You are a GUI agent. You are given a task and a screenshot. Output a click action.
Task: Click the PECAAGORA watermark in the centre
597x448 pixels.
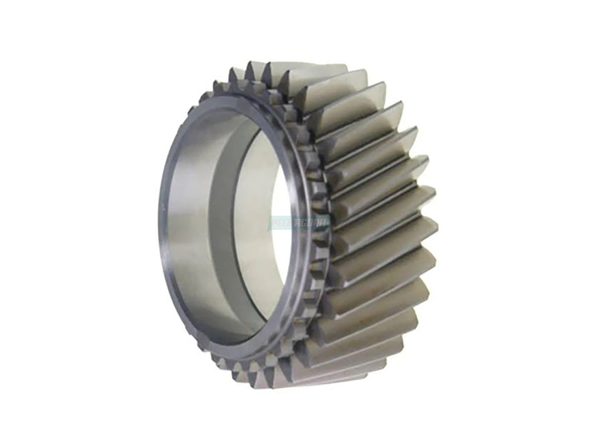point(298,223)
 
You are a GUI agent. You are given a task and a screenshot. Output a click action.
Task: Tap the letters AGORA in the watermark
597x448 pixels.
point(311,223)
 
